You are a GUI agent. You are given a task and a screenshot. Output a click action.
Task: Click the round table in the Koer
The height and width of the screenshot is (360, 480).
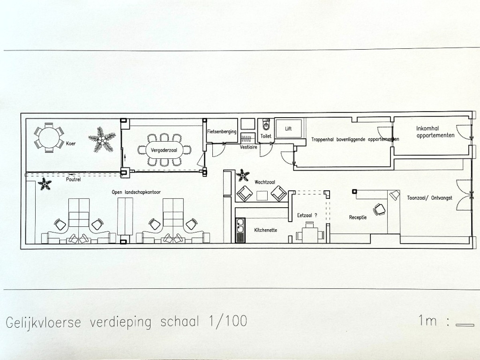[49, 137]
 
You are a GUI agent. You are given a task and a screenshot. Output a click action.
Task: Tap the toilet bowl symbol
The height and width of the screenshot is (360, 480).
[266, 124]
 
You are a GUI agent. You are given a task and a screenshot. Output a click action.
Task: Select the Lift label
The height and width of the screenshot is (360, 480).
[288, 128]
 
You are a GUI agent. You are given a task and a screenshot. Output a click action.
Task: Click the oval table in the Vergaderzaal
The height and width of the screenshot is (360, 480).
[164, 150]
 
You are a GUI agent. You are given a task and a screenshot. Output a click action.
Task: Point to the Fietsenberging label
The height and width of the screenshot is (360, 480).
[222, 132]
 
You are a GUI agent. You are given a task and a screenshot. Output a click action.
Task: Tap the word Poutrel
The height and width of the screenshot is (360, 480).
[74, 180]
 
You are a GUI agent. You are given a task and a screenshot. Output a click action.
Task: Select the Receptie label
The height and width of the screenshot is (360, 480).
[358, 217]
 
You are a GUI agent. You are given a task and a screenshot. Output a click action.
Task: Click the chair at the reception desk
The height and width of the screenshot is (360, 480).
[380, 210]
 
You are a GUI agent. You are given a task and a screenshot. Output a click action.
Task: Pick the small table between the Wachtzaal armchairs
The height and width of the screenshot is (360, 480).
[262, 195]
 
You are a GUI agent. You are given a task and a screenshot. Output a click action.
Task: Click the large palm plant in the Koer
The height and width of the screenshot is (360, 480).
[102, 139]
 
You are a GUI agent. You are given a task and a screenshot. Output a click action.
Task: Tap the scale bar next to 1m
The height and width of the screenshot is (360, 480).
[465, 325]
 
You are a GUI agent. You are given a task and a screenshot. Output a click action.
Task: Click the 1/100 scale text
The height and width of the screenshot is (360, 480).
[228, 322]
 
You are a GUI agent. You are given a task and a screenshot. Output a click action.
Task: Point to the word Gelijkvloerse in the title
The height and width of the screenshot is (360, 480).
[44, 322]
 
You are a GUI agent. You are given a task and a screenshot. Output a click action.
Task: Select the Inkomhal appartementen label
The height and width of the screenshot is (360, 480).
[435, 132]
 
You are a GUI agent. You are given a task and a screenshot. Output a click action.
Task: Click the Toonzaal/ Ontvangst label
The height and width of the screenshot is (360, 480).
[429, 198]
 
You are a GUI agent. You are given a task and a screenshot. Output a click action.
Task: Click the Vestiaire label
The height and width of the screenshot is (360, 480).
[248, 147]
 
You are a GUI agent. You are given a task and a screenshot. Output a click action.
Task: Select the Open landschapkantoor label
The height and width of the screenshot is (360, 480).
[136, 192]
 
